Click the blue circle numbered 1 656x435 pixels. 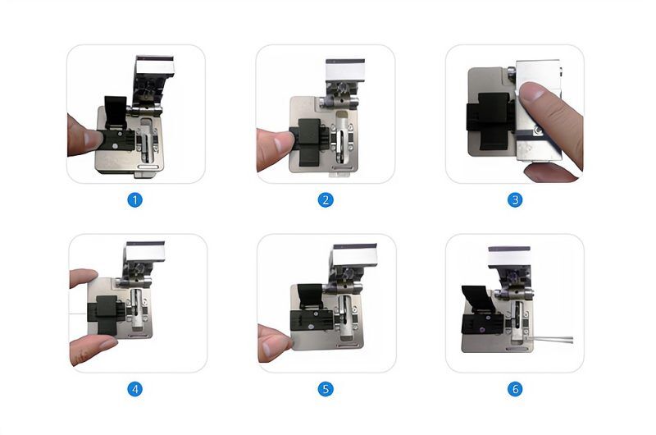click(x=135, y=199)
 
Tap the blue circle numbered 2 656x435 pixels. click(x=326, y=199)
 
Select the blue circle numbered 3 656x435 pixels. click(x=515, y=199)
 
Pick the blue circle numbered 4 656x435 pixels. click(x=135, y=389)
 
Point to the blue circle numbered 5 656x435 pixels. click(x=326, y=389)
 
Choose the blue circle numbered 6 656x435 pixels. click(x=515, y=389)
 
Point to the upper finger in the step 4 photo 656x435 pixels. click(x=84, y=278)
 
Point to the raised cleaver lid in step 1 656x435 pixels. click(x=153, y=74)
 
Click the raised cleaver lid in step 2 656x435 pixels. click(x=344, y=74)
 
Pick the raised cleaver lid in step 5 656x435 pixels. click(x=354, y=262)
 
